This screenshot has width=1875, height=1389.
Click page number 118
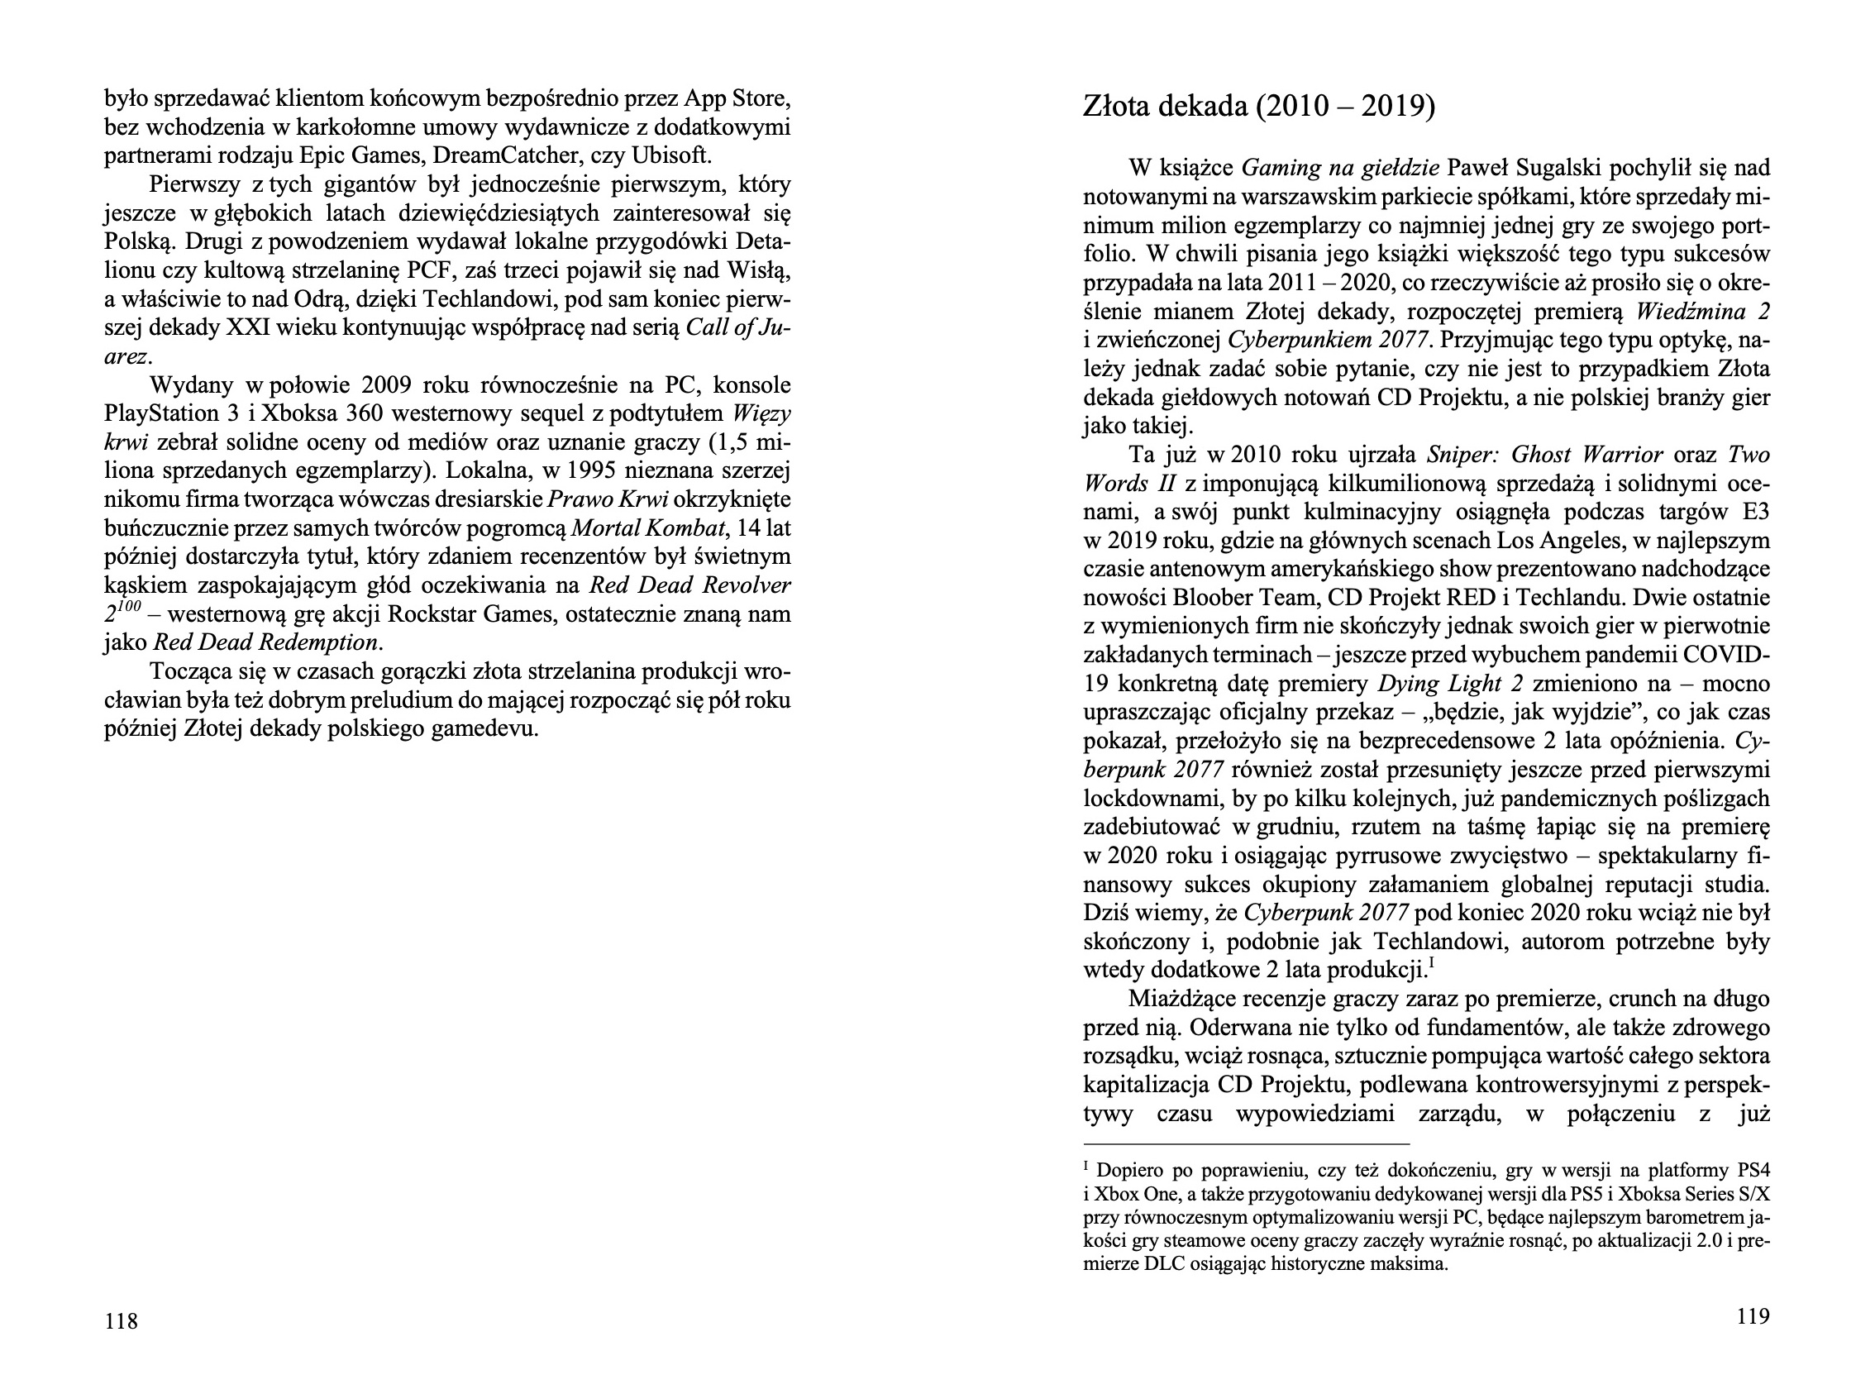120,1322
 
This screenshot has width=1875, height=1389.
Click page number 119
1753,1317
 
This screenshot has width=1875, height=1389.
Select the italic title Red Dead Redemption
266,643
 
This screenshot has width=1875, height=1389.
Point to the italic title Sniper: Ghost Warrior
1544,455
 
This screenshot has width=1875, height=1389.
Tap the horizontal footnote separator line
1245,1143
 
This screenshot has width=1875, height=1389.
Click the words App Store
737,99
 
